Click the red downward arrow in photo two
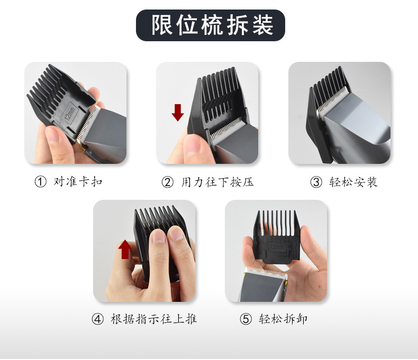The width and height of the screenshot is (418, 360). click(178, 112)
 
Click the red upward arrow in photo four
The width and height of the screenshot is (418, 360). click(125, 249)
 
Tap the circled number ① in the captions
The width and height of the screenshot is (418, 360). click(40, 182)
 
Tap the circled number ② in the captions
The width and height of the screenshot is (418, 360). click(167, 182)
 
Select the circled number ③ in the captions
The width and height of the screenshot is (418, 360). click(316, 182)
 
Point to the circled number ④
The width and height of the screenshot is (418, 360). click(97, 319)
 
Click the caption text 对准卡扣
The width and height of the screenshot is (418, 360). click(78, 182)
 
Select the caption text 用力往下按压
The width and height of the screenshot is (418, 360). click(217, 182)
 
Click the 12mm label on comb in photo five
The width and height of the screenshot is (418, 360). click(277, 246)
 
